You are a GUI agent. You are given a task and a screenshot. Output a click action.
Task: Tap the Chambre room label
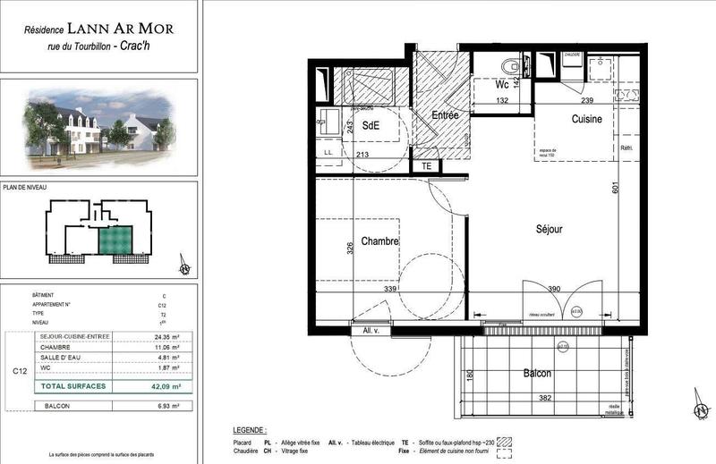379,241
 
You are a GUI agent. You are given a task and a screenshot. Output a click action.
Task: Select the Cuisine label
587,119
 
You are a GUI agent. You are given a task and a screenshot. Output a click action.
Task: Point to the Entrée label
445,115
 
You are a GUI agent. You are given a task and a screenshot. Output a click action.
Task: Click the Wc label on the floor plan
502,85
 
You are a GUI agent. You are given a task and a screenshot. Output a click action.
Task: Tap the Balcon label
533,373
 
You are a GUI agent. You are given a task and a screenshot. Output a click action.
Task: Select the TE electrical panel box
427,165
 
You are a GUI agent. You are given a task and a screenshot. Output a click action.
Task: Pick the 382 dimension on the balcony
534,396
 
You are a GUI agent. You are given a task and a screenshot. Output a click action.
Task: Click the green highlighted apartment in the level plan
115,240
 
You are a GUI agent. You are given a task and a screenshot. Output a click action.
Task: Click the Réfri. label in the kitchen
626,148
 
